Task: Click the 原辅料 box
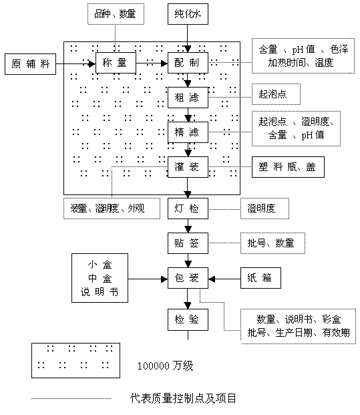point(31,64)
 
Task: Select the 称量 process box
point(116,63)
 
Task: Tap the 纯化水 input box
point(188,14)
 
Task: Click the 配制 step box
point(188,63)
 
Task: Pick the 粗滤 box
point(188,98)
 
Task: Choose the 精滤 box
point(188,132)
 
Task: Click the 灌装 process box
point(188,167)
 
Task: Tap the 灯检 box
point(188,209)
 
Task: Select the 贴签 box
point(188,243)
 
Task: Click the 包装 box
point(188,278)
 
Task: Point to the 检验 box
point(188,319)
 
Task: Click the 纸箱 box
point(260,278)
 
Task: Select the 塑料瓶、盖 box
point(288,167)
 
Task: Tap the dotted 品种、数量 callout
point(116,14)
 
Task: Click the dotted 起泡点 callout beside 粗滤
point(276,94)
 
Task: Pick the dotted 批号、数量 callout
point(273,243)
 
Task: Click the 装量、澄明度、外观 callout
point(112,209)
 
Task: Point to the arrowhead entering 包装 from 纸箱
point(212,279)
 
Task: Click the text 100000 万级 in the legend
point(166,366)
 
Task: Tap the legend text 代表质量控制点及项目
point(183,398)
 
